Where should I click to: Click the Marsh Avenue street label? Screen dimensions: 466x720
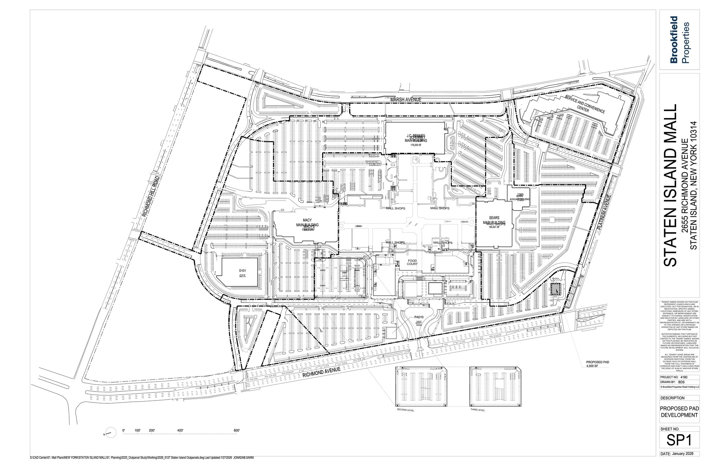click(405, 100)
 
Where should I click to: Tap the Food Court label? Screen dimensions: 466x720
click(412, 262)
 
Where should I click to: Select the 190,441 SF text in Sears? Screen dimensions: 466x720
click(494, 227)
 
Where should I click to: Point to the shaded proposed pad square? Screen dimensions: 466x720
click(554, 289)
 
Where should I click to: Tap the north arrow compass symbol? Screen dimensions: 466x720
click(110, 433)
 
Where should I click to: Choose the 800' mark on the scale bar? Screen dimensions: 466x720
click(237, 430)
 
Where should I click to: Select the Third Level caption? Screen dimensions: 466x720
click(477, 410)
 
